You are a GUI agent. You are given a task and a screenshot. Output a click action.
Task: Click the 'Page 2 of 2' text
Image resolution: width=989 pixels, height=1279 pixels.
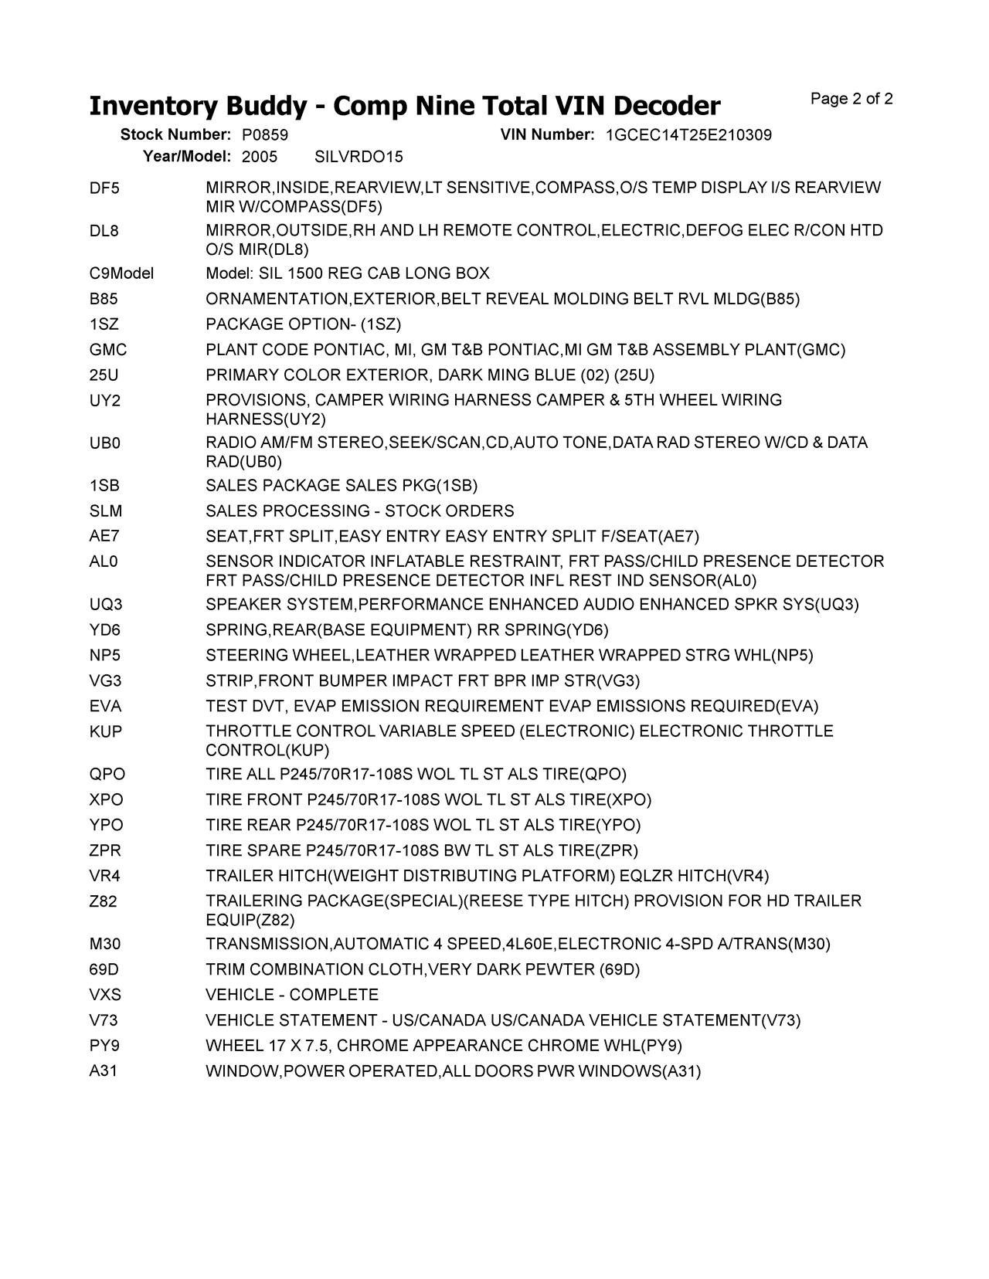[851, 99]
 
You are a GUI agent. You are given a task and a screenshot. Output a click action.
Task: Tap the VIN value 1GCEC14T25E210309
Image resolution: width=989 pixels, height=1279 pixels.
[688, 135]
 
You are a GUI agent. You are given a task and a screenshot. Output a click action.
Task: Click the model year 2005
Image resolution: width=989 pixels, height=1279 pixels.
[259, 157]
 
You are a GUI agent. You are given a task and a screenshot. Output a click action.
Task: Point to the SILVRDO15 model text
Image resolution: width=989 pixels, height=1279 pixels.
[359, 157]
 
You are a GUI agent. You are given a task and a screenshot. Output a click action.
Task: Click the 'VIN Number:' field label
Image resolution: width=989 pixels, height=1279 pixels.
[547, 135]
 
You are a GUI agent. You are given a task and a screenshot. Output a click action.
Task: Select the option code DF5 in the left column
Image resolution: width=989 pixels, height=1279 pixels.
[104, 188]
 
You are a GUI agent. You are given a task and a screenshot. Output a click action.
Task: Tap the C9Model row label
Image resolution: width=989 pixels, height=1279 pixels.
[121, 273]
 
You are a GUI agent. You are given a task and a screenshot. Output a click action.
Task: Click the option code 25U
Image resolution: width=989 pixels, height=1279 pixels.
[104, 375]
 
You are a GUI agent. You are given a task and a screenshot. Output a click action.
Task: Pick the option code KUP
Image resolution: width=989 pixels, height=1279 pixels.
[106, 731]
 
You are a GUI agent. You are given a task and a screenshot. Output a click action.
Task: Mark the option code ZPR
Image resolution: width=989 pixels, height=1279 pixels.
[105, 851]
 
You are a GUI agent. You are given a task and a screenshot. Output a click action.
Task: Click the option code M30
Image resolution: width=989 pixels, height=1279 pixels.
[105, 945]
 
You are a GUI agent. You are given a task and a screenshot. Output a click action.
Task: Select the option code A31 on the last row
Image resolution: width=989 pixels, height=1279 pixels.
[104, 1072]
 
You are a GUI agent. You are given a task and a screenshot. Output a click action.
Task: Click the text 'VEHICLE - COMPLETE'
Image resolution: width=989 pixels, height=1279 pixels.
[292, 996]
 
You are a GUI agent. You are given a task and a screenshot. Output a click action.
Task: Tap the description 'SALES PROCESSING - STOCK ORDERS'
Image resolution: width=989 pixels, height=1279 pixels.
[359, 511]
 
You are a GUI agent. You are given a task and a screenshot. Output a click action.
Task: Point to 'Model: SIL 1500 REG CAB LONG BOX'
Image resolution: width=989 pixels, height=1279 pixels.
[347, 273]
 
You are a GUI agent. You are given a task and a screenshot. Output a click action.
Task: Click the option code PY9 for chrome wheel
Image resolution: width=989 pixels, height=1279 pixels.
[104, 1047]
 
